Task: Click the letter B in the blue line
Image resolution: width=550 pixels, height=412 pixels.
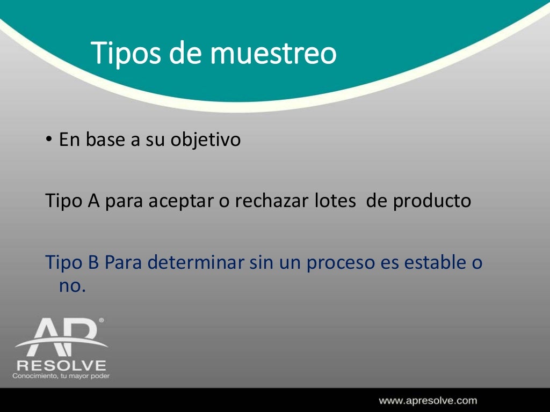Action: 92,263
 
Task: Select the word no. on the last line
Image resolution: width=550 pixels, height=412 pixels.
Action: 72,286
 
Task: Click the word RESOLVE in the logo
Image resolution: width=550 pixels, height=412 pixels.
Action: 61,366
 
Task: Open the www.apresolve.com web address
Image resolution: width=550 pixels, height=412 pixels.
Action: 428,400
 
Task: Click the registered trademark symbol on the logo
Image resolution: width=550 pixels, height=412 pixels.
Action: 102,320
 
